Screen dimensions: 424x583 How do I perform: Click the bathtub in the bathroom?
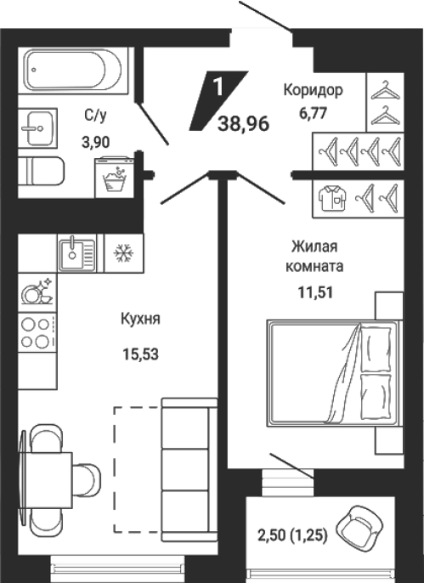[x=73, y=70]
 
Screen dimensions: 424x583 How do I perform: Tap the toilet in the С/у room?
[x=42, y=171]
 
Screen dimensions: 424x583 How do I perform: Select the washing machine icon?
[x=114, y=178]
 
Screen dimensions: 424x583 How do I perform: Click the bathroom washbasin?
[x=37, y=127]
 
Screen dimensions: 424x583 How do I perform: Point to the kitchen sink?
[x=76, y=253]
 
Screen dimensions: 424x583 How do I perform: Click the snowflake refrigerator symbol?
[x=124, y=253]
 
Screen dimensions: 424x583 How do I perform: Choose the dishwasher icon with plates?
[x=37, y=291]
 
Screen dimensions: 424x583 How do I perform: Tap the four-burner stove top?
[x=37, y=333]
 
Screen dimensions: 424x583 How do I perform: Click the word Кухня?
[x=140, y=319]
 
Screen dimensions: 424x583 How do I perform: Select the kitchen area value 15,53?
[x=140, y=354]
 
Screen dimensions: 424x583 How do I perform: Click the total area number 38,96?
[x=243, y=123]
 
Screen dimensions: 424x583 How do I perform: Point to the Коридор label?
[x=314, y=90]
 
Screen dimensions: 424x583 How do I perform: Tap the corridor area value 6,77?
[x=314, y=113]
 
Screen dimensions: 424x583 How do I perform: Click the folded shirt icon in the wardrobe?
[x=332, y=199]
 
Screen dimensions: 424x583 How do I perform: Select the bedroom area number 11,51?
[x=315, y=292]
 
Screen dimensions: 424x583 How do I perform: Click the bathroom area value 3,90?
[x=96, y=142]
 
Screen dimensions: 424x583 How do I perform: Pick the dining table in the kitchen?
[x=45, y=480]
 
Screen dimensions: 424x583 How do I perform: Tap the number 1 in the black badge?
[x=218, y=87]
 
